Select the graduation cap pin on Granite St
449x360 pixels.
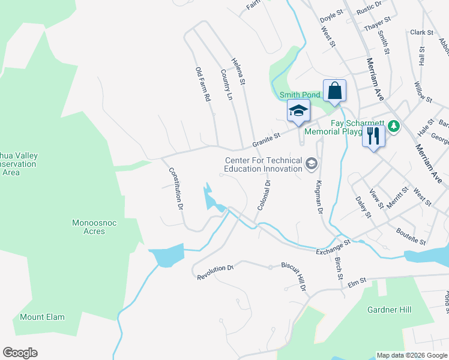298,111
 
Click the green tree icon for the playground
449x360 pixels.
394,125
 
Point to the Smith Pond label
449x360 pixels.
300,95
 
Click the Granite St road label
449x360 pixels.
267,140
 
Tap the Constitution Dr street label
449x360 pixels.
175,188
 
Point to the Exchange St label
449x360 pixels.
333,247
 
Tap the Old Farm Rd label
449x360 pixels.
203,84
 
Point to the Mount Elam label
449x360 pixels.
42,317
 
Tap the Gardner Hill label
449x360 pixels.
389,310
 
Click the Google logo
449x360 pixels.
20,353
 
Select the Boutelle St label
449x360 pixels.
411,236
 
